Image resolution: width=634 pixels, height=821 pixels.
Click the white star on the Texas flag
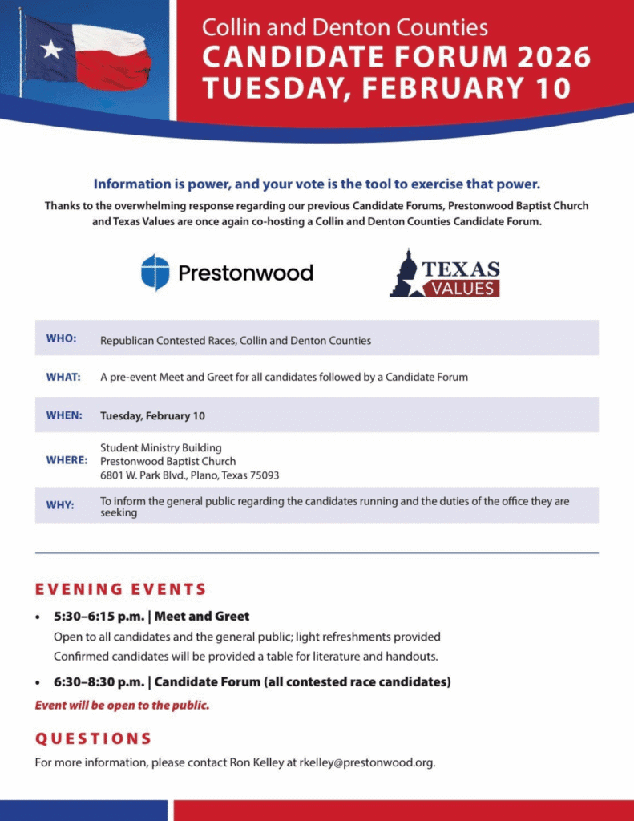click(x=51, y=49)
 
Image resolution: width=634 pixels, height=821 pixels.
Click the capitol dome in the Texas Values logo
click(x=408, y=268)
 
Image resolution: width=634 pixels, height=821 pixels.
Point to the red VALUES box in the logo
click(x=461, y=287)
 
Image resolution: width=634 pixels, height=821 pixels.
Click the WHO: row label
click(x=62, y=338)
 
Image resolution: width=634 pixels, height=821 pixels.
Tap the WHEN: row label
click(x=64, y=415)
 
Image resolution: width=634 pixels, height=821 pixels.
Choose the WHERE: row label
click(x=67, y=461)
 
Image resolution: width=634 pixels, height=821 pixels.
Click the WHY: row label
click(x=60, y=505)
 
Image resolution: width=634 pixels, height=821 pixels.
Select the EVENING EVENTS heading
click(x=121, y=589)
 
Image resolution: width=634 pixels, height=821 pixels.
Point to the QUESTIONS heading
click(x=93, y=738)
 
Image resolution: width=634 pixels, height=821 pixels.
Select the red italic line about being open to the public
click(x=122, y=706)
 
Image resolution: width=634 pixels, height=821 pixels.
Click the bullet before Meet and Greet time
click(x=38, y=617)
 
